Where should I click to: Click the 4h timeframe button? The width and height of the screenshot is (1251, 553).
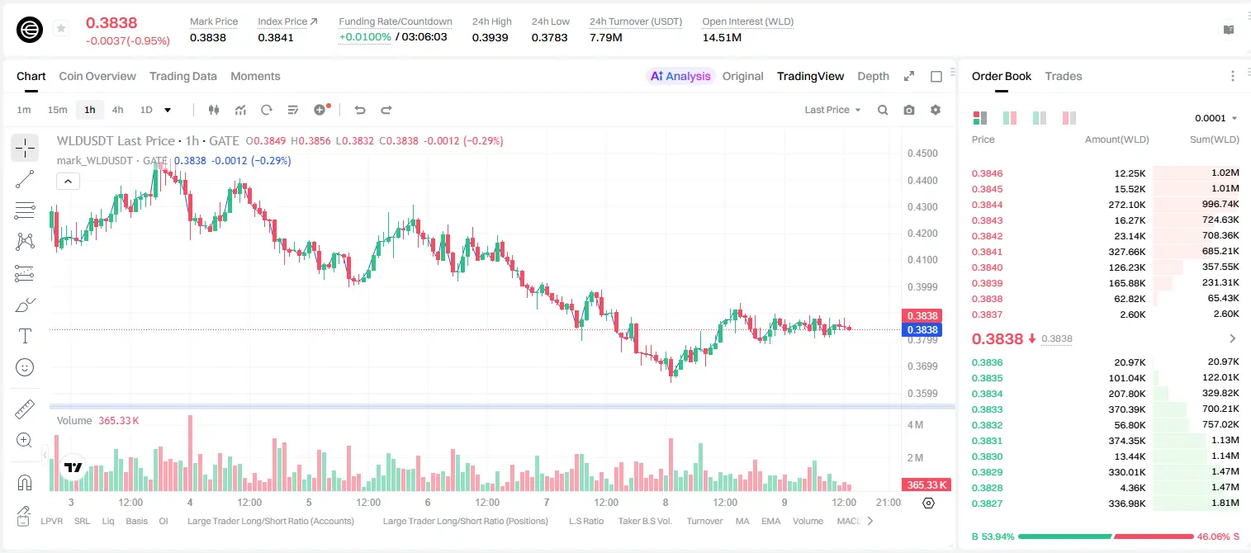tap(117, 110)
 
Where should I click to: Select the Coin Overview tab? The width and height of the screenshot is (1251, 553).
tap(97, 76)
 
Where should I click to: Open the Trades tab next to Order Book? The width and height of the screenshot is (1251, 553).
tap(1063, 76)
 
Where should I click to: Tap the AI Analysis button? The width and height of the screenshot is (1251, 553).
tap(680, 76)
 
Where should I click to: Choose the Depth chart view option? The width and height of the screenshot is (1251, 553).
tap(873, 76)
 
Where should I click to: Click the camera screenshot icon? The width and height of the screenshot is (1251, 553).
tap(908, 110)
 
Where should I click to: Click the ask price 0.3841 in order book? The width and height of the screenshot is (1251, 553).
tap(987, 252)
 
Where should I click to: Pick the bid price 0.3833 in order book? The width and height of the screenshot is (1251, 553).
tap(987, 409)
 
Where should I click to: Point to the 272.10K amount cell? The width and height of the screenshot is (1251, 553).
tap(1126, 205)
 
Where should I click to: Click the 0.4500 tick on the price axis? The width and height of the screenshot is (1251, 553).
tap(922, 154)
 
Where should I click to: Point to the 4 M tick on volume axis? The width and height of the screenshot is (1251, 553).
tap(915, 425)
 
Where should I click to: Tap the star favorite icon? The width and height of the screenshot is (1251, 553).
tap(61, 28)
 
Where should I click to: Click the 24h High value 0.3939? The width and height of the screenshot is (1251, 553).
tap(490, 37)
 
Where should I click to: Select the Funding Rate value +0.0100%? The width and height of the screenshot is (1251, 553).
tap(365, 37)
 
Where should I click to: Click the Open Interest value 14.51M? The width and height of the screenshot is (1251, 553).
tap(722, 37)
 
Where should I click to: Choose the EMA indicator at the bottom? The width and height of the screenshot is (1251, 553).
tap(770, 521)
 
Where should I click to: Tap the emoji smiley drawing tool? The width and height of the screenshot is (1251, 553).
tap(25, 367)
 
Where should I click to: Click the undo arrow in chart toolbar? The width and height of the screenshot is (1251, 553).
tap(360, 110)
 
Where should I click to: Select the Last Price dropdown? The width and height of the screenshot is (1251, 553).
tap(832, 110)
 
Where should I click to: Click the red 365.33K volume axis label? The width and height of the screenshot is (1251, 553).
tap(926, 485)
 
